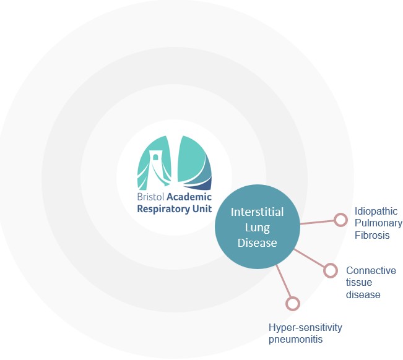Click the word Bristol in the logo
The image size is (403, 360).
click(150, 197)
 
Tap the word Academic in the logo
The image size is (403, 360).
click(189, 197)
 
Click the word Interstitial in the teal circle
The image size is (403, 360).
click(258, 212)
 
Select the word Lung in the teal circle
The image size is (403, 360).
click(258, 228)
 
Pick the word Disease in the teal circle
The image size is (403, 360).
click(258, 243)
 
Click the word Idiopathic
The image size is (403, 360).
click(376, 212)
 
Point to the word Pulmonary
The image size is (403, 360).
click(379, 223)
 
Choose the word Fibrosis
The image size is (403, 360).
click(372, 235)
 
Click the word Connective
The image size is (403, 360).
click(371, 271)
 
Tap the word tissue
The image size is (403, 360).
click(359, 283)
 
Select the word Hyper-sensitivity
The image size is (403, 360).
click(305, 328)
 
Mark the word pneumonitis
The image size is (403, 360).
click(295, 340)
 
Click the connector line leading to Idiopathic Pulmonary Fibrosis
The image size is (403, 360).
click(317, 222)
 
